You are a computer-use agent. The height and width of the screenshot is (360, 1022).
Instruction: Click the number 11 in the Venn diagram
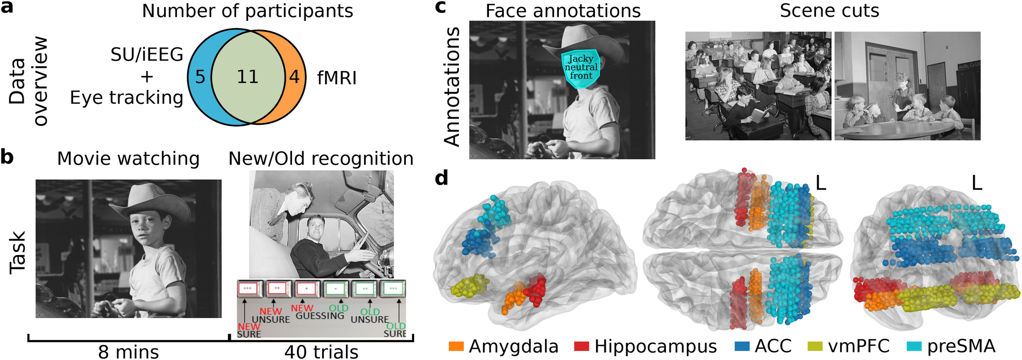(247, 77)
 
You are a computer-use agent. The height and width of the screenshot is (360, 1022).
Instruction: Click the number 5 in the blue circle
(200, 77)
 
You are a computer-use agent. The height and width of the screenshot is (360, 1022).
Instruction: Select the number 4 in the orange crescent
(294, 77)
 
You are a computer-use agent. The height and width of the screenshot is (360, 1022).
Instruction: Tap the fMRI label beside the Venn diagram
(337, 78)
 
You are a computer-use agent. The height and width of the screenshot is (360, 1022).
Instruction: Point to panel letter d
(441, 177)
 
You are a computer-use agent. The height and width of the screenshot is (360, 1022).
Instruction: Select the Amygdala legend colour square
(456, 346)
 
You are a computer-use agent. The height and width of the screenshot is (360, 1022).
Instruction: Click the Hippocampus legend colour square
(581, 346)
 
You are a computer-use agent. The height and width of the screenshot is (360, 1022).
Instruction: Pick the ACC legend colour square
(742, 346)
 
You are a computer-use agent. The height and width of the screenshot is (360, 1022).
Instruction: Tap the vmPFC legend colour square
(815, 346)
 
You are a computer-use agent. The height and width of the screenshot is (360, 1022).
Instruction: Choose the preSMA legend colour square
(914, 346)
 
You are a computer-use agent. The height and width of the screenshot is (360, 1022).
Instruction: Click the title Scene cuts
(829, 11)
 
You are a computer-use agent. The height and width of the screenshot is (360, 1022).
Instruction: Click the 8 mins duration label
(129, 352)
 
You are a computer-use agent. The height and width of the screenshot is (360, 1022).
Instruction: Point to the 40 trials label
(321, 352)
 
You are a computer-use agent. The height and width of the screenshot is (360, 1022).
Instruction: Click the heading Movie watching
(128, 159)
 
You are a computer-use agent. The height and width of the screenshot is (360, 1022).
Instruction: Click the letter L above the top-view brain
(820, 183)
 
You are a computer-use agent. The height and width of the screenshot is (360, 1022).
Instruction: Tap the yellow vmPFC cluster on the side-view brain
(470, 286)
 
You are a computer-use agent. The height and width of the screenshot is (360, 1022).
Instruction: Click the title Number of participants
(247, 11)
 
